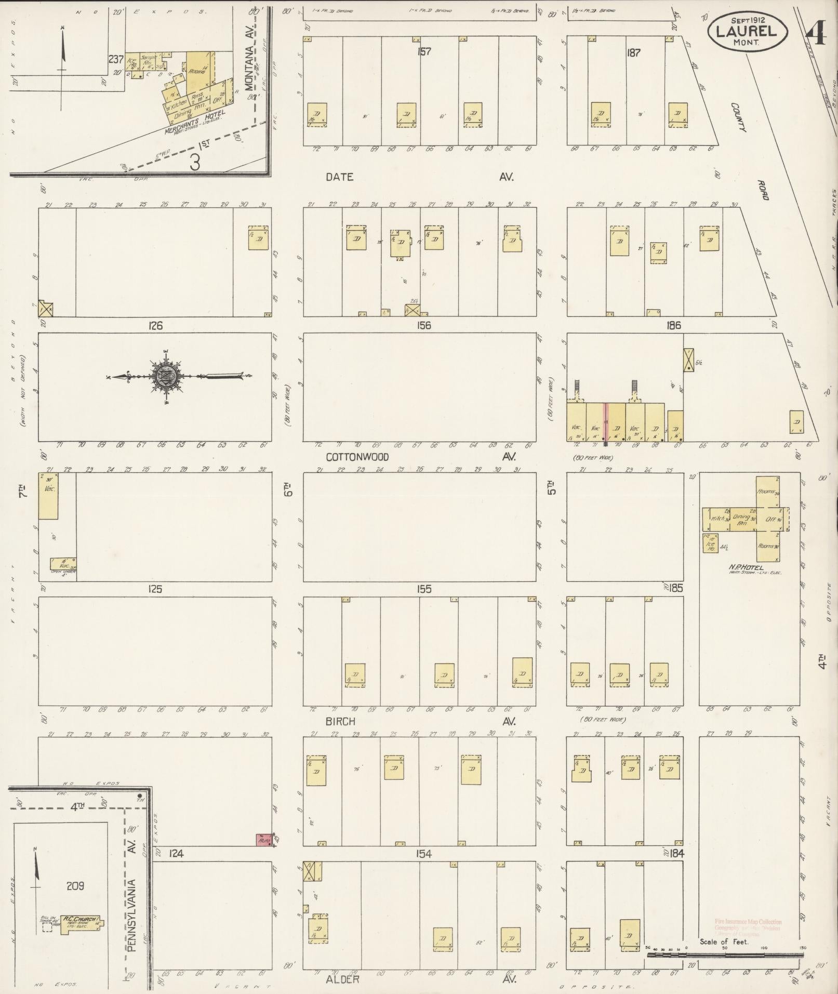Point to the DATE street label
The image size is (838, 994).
[340, 177]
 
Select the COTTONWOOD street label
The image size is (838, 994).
[357, 457]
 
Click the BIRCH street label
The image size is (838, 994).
[340, 721]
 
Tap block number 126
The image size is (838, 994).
[155, 326]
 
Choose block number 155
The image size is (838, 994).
[424, 589]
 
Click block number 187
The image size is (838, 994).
[633, 52]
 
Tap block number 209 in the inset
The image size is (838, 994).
[75, 885]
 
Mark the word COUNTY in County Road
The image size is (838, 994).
[738, 117]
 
